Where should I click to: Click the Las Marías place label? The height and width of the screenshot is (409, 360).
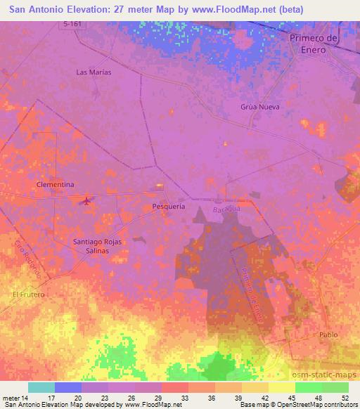tap(94, 72)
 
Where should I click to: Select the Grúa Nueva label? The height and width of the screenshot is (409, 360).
tap(260, 107)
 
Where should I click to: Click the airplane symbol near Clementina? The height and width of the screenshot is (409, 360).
tap(87, 201)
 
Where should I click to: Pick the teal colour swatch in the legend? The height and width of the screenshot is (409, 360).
tap(41, 387)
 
